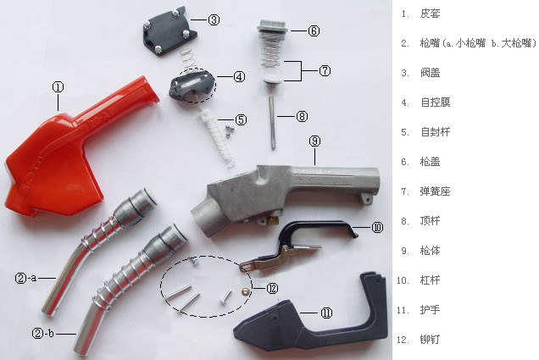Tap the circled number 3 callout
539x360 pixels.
(214, 20)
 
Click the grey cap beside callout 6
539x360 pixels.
(271, 27)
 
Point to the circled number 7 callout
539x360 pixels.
(325, 71)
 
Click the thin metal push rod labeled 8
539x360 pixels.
(272, 122)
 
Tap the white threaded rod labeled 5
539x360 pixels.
(217, 137)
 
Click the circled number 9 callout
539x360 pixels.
(314, 141)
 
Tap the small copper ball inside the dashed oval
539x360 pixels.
(245, 291)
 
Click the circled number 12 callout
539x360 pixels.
(272, 288)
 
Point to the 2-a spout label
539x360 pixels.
(25, 278)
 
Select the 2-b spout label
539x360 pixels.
(43, 333)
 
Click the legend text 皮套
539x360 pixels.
(430, 14)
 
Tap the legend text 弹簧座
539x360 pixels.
(435, 191)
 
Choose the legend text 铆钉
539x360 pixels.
(430, 340)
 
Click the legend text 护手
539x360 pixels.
(430, 310)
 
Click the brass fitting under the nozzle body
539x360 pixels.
(273, 221)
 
